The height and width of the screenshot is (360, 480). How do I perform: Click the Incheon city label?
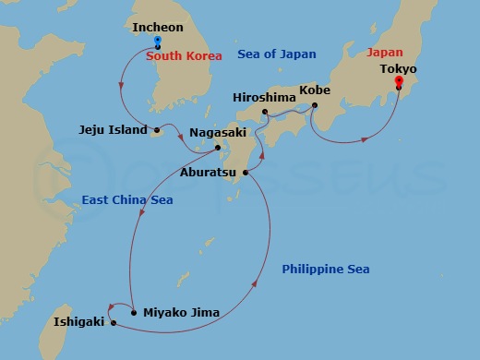[158, 28]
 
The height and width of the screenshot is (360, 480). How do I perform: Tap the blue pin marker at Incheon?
[158, 42]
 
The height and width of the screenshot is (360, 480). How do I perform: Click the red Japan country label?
[384, 53]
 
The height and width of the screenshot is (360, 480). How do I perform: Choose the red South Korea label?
[185, 56]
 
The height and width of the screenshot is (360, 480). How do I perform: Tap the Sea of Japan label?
[277, 55]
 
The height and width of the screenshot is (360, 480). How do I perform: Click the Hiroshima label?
[263, 95]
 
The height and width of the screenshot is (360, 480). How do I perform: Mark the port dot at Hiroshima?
[265, 113]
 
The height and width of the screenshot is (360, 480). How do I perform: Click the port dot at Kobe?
[315, 105]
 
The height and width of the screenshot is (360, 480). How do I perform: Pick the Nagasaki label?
[218, 133]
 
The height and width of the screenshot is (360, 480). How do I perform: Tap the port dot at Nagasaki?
[218, 147]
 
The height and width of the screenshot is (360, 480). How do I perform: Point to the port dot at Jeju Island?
[157, 130]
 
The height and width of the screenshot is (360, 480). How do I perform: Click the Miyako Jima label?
[181, 313]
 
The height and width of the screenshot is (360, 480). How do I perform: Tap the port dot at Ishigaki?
[113, 323]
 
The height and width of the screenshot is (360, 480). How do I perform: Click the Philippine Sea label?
[326, 270]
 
